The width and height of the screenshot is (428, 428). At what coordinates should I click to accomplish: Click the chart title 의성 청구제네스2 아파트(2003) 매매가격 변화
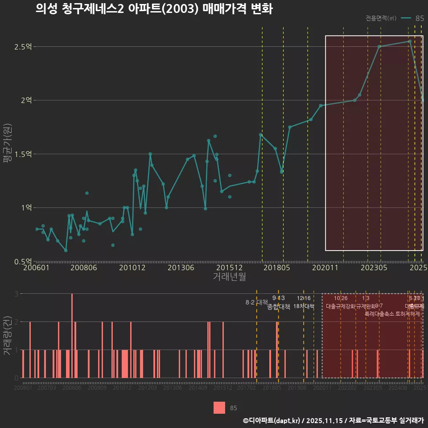coord(154,9)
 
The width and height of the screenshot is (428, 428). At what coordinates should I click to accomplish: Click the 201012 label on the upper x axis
coord(132,268)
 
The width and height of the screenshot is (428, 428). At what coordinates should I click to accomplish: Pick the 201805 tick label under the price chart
coord(276,268)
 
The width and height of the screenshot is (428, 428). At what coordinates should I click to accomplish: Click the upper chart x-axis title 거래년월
coord(229,277)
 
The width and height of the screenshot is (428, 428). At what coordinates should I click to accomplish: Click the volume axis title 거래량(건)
coord(8,335)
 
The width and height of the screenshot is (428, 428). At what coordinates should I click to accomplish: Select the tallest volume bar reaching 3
coord(72,335)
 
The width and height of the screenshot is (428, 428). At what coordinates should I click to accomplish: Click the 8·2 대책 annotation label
coord(256,302)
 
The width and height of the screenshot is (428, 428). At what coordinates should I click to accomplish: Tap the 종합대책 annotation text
coord(279,307)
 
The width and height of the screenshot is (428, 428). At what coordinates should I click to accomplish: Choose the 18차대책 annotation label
coord(304,306)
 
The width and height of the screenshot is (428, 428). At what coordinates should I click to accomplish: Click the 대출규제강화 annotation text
coord(341,306)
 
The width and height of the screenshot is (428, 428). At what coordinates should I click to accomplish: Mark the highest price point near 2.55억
coord(410,41)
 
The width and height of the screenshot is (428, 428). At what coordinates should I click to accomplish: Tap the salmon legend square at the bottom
coord(219,407)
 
